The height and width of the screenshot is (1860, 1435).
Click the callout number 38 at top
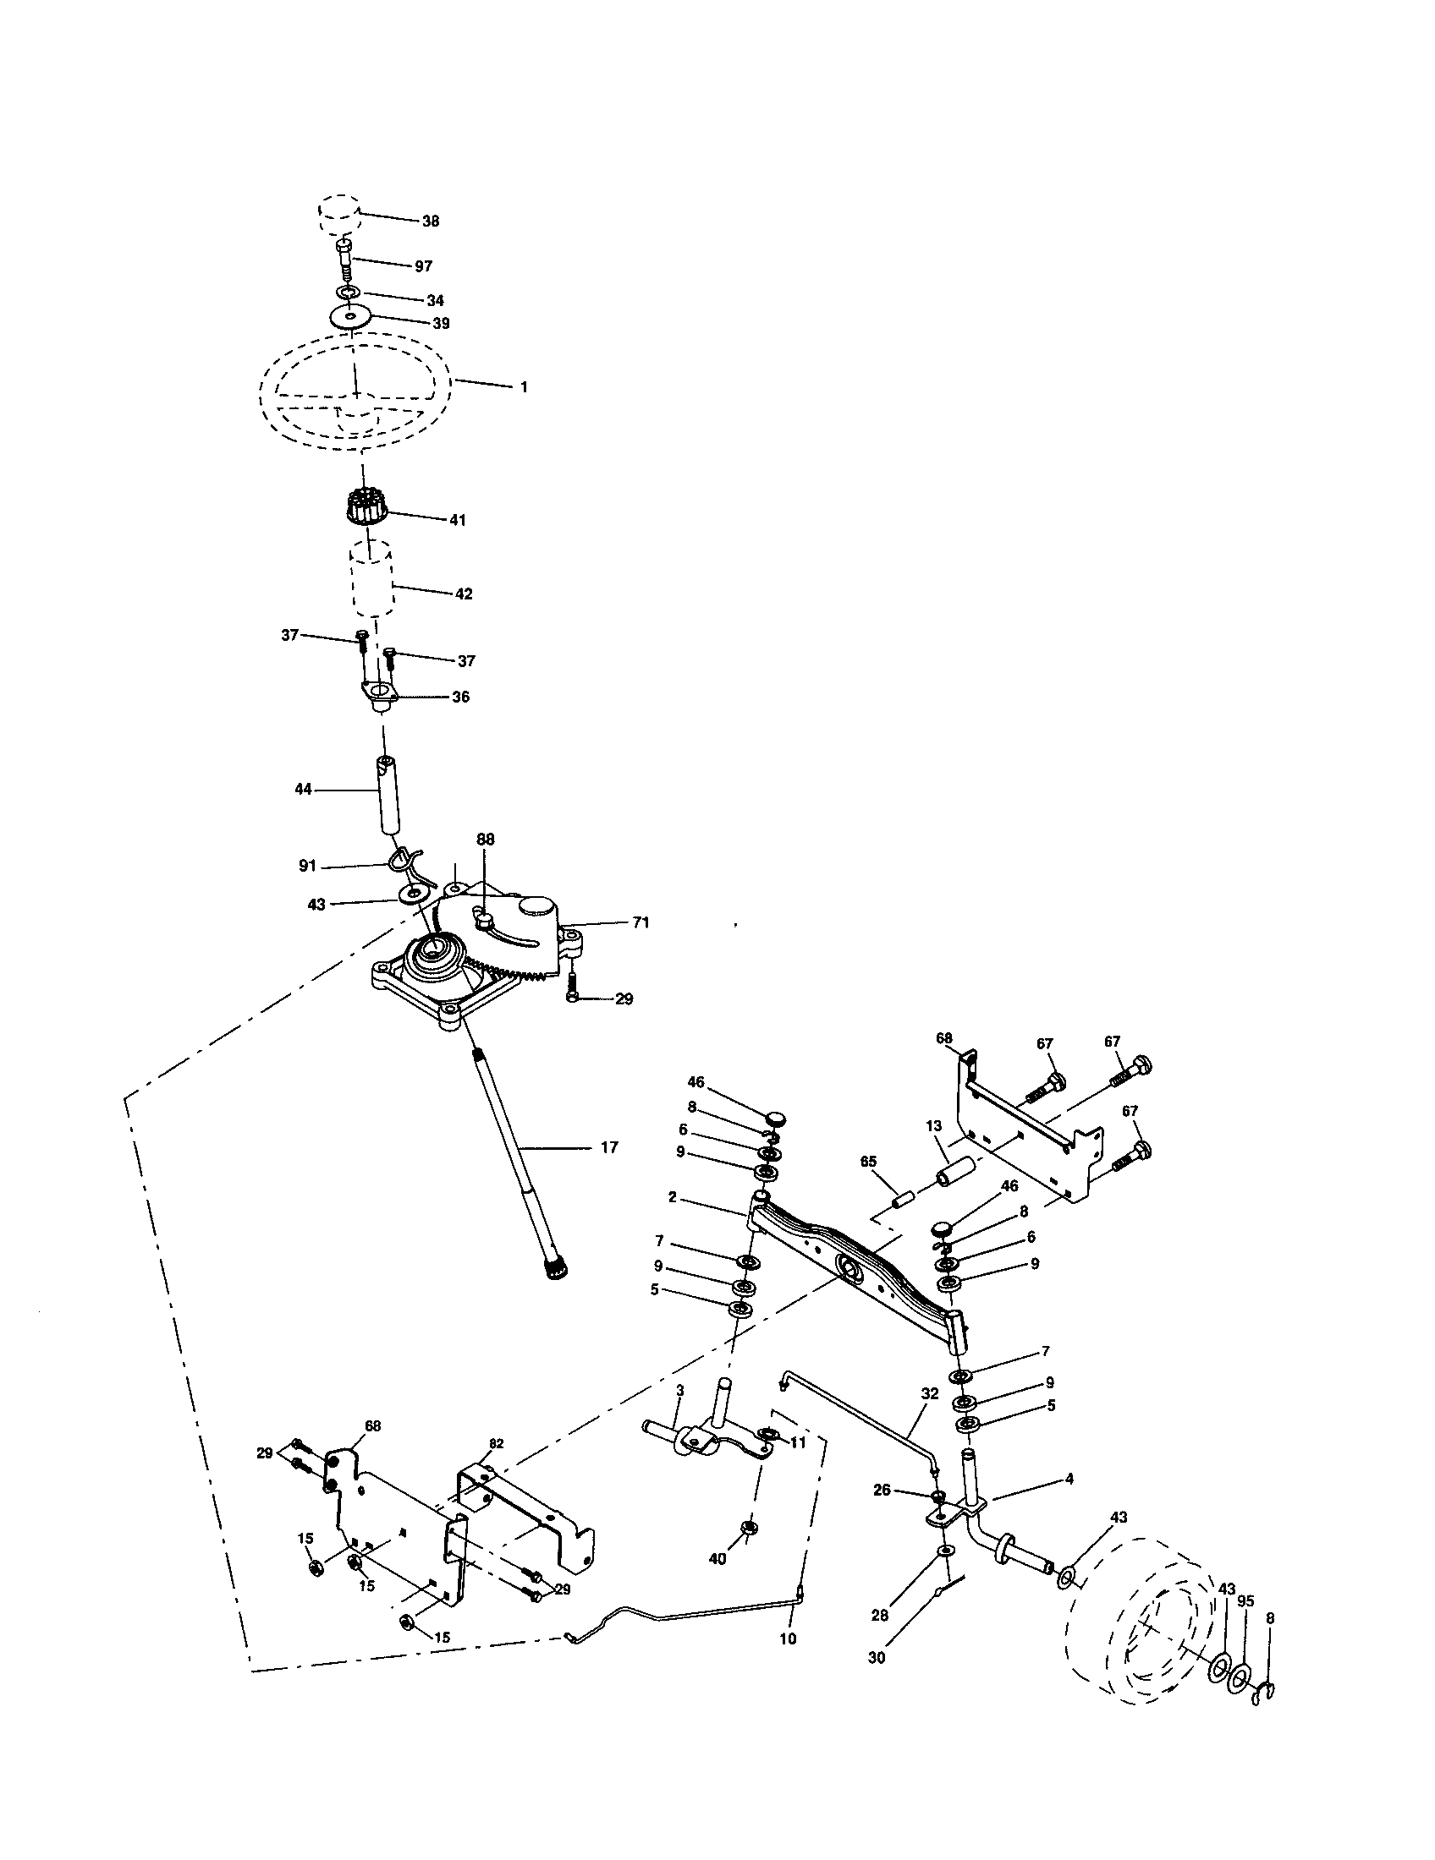[431, 221]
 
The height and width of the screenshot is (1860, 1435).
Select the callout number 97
[424, 266]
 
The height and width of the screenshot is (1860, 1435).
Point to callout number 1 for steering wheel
[523, 386]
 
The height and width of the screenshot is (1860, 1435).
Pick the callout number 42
[463, 594]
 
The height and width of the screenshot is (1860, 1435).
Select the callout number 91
[307, 866]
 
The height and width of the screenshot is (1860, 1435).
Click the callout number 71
[641, 922]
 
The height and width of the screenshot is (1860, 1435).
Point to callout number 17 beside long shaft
[608, 1148]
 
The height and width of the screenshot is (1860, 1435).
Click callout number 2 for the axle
[673, 1196]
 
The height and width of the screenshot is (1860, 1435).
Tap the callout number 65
[868, 1161]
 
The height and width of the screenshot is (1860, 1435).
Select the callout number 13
[934, 1126]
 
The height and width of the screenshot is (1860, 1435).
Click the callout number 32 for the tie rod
[930, 1394]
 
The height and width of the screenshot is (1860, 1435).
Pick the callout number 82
[496, 1442]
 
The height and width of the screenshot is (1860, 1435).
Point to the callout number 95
[1245, 1600]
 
